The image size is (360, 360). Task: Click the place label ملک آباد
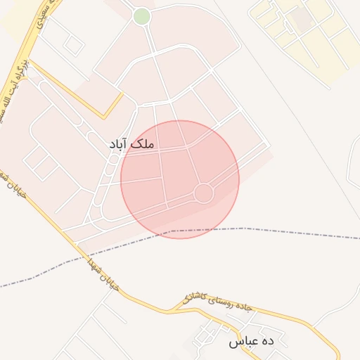131,143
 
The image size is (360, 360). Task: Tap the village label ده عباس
250,342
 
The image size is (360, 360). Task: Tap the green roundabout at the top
141,16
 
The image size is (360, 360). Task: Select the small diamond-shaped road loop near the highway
73,45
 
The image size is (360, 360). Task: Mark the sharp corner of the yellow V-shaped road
105,117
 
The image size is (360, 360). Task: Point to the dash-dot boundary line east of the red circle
295,231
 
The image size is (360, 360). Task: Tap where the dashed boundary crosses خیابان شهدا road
76,259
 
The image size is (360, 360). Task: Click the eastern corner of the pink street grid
270,146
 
